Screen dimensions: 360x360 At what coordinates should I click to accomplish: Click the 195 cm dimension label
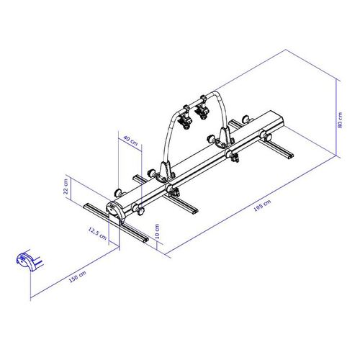coord(262,206)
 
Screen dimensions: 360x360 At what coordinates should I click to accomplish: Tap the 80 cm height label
coord(340,120)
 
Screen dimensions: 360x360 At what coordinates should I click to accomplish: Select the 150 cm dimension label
coord(77,277)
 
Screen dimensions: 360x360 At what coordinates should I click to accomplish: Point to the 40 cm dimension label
coord(130,140)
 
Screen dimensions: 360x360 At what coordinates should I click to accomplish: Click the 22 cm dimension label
coord(66,186)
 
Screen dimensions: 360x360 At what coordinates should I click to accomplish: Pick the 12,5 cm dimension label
coord(97,233)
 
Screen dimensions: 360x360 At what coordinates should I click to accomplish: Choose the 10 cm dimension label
coord(157,231)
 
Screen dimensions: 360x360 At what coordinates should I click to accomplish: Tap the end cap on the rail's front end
coord(115,210)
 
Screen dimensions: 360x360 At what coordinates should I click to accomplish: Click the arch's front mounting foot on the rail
coord(165,171)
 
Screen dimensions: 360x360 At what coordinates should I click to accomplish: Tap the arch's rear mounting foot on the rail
coord(225,138)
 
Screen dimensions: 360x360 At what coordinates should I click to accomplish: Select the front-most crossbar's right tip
coord(145,240)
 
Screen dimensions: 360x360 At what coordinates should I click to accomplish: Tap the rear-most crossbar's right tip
coord(290,156)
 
